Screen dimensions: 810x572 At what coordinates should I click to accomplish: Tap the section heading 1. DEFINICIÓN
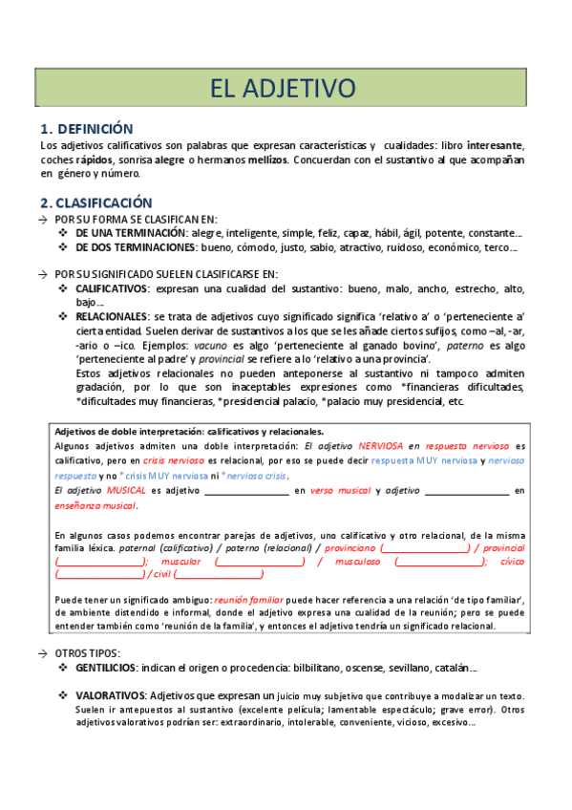click(87, 129)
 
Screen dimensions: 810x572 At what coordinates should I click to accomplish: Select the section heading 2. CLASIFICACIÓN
click(96, 202)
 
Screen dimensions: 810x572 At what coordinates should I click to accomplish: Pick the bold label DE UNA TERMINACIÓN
click(132, 233)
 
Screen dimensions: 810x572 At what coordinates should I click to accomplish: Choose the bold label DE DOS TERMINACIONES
click(136, 247)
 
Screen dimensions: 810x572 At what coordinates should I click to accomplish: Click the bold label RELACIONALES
click(111, 316)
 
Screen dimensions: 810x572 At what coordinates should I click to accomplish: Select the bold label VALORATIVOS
click(110, 696)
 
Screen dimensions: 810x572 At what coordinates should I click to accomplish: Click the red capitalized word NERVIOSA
click(380, 446)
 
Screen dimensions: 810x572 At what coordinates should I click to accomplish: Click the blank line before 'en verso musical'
click(247, 491)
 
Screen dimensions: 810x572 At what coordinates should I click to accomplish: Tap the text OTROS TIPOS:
click(89, 653)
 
